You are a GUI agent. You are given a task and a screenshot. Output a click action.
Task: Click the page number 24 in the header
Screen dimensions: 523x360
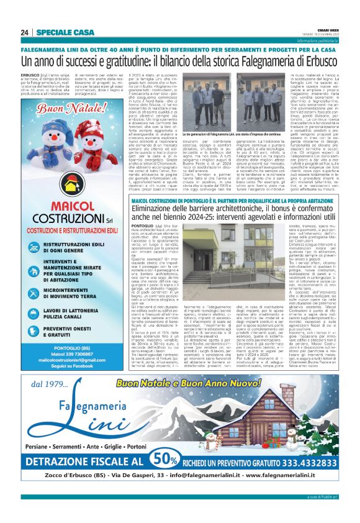pos(24,32)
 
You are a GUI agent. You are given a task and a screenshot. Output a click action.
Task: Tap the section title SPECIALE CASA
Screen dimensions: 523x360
pos(65,32)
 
